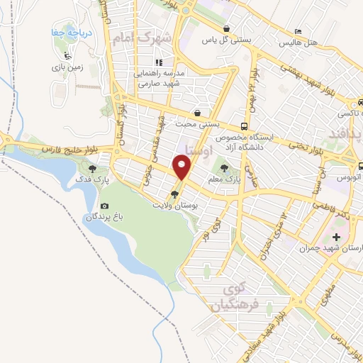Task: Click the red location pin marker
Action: (183, 168)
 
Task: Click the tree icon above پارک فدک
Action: (91, 169)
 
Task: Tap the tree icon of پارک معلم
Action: (225, 169)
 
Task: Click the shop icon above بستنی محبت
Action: (197, 113)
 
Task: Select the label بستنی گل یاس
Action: (225, 41)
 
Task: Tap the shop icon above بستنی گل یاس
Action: (225, 29)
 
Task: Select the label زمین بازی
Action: (67, 68)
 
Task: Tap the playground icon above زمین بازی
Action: (67, 56)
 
